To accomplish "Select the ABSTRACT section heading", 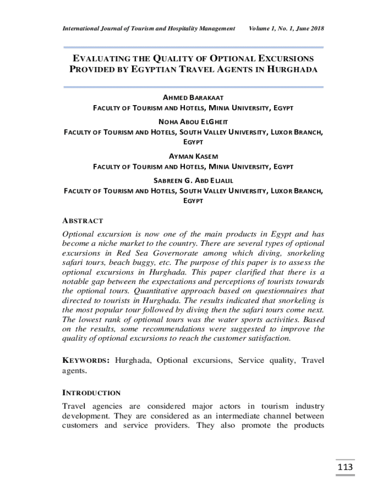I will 83,221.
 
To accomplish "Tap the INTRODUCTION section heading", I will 92,393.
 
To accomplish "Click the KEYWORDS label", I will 86,360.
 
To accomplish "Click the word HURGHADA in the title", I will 291,69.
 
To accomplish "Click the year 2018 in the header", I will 316,29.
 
